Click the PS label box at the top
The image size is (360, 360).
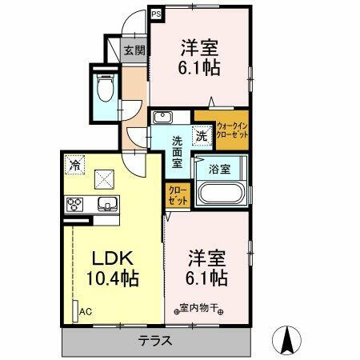[x=156, y=13]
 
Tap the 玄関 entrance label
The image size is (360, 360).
[x=133, y=50]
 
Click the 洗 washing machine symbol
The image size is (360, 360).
[x=202, y=137]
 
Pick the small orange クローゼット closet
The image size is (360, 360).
[x=178, y=195]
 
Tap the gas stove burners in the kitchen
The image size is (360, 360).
[x=76, y=202]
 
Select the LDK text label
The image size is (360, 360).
[x=109, y=260]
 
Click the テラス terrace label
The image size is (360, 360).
[x=155, y=340]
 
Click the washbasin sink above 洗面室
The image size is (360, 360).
[x=162, y=118]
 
